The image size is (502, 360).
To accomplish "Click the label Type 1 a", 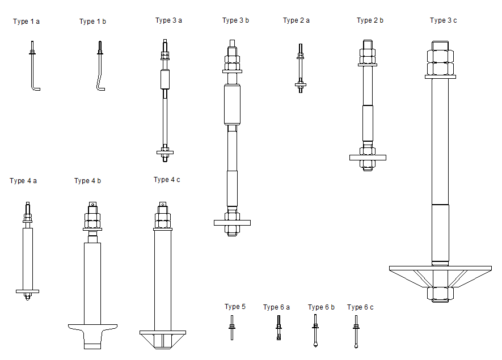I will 26,22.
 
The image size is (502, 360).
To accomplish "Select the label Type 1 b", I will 92,22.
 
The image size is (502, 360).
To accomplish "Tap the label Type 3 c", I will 443,20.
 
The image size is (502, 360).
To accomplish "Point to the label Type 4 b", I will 87,181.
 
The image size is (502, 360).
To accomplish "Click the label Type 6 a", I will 276,307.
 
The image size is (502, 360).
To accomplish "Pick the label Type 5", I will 235,307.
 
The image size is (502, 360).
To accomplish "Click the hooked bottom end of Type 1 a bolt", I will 36,88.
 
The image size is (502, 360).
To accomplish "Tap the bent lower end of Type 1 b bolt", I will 100,87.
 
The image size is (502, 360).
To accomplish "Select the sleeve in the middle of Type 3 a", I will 164,79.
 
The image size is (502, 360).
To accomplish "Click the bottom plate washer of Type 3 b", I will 231,223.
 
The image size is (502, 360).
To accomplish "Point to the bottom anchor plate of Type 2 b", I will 368,157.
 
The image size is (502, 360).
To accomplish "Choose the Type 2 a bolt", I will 300,68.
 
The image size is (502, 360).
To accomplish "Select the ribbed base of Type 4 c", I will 162,339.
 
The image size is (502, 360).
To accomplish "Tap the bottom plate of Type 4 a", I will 27,291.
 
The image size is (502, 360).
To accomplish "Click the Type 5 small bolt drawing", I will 232,328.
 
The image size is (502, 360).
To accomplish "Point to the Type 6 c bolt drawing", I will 356,331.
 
